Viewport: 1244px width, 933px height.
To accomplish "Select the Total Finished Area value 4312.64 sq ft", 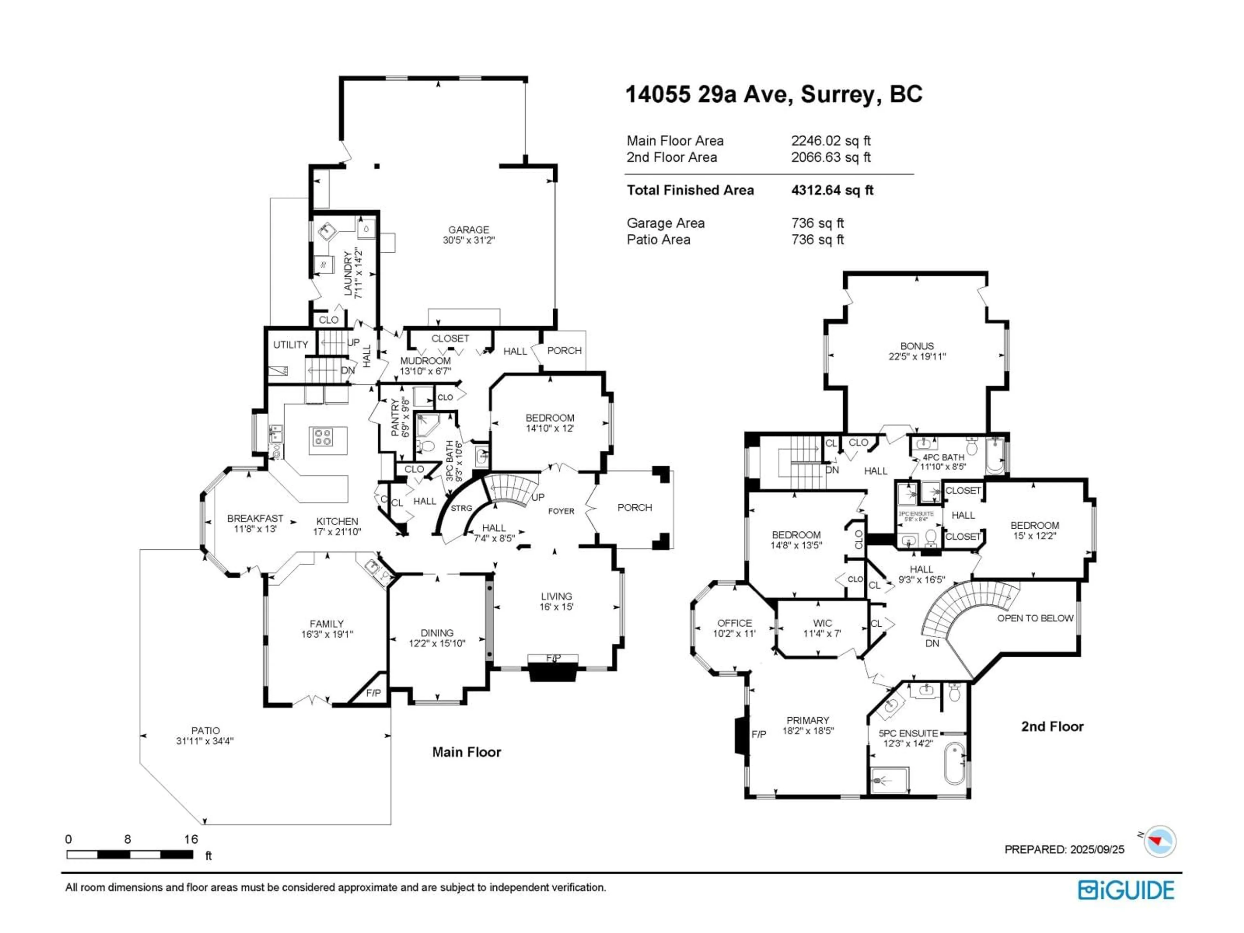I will (832, 190).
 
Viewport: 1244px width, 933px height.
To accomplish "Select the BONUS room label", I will (917, 346).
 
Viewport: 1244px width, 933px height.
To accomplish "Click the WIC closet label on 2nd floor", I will (822, 623).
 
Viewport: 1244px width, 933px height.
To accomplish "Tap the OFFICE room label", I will (734, 623).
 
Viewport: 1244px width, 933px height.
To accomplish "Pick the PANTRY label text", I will (395, 417).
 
